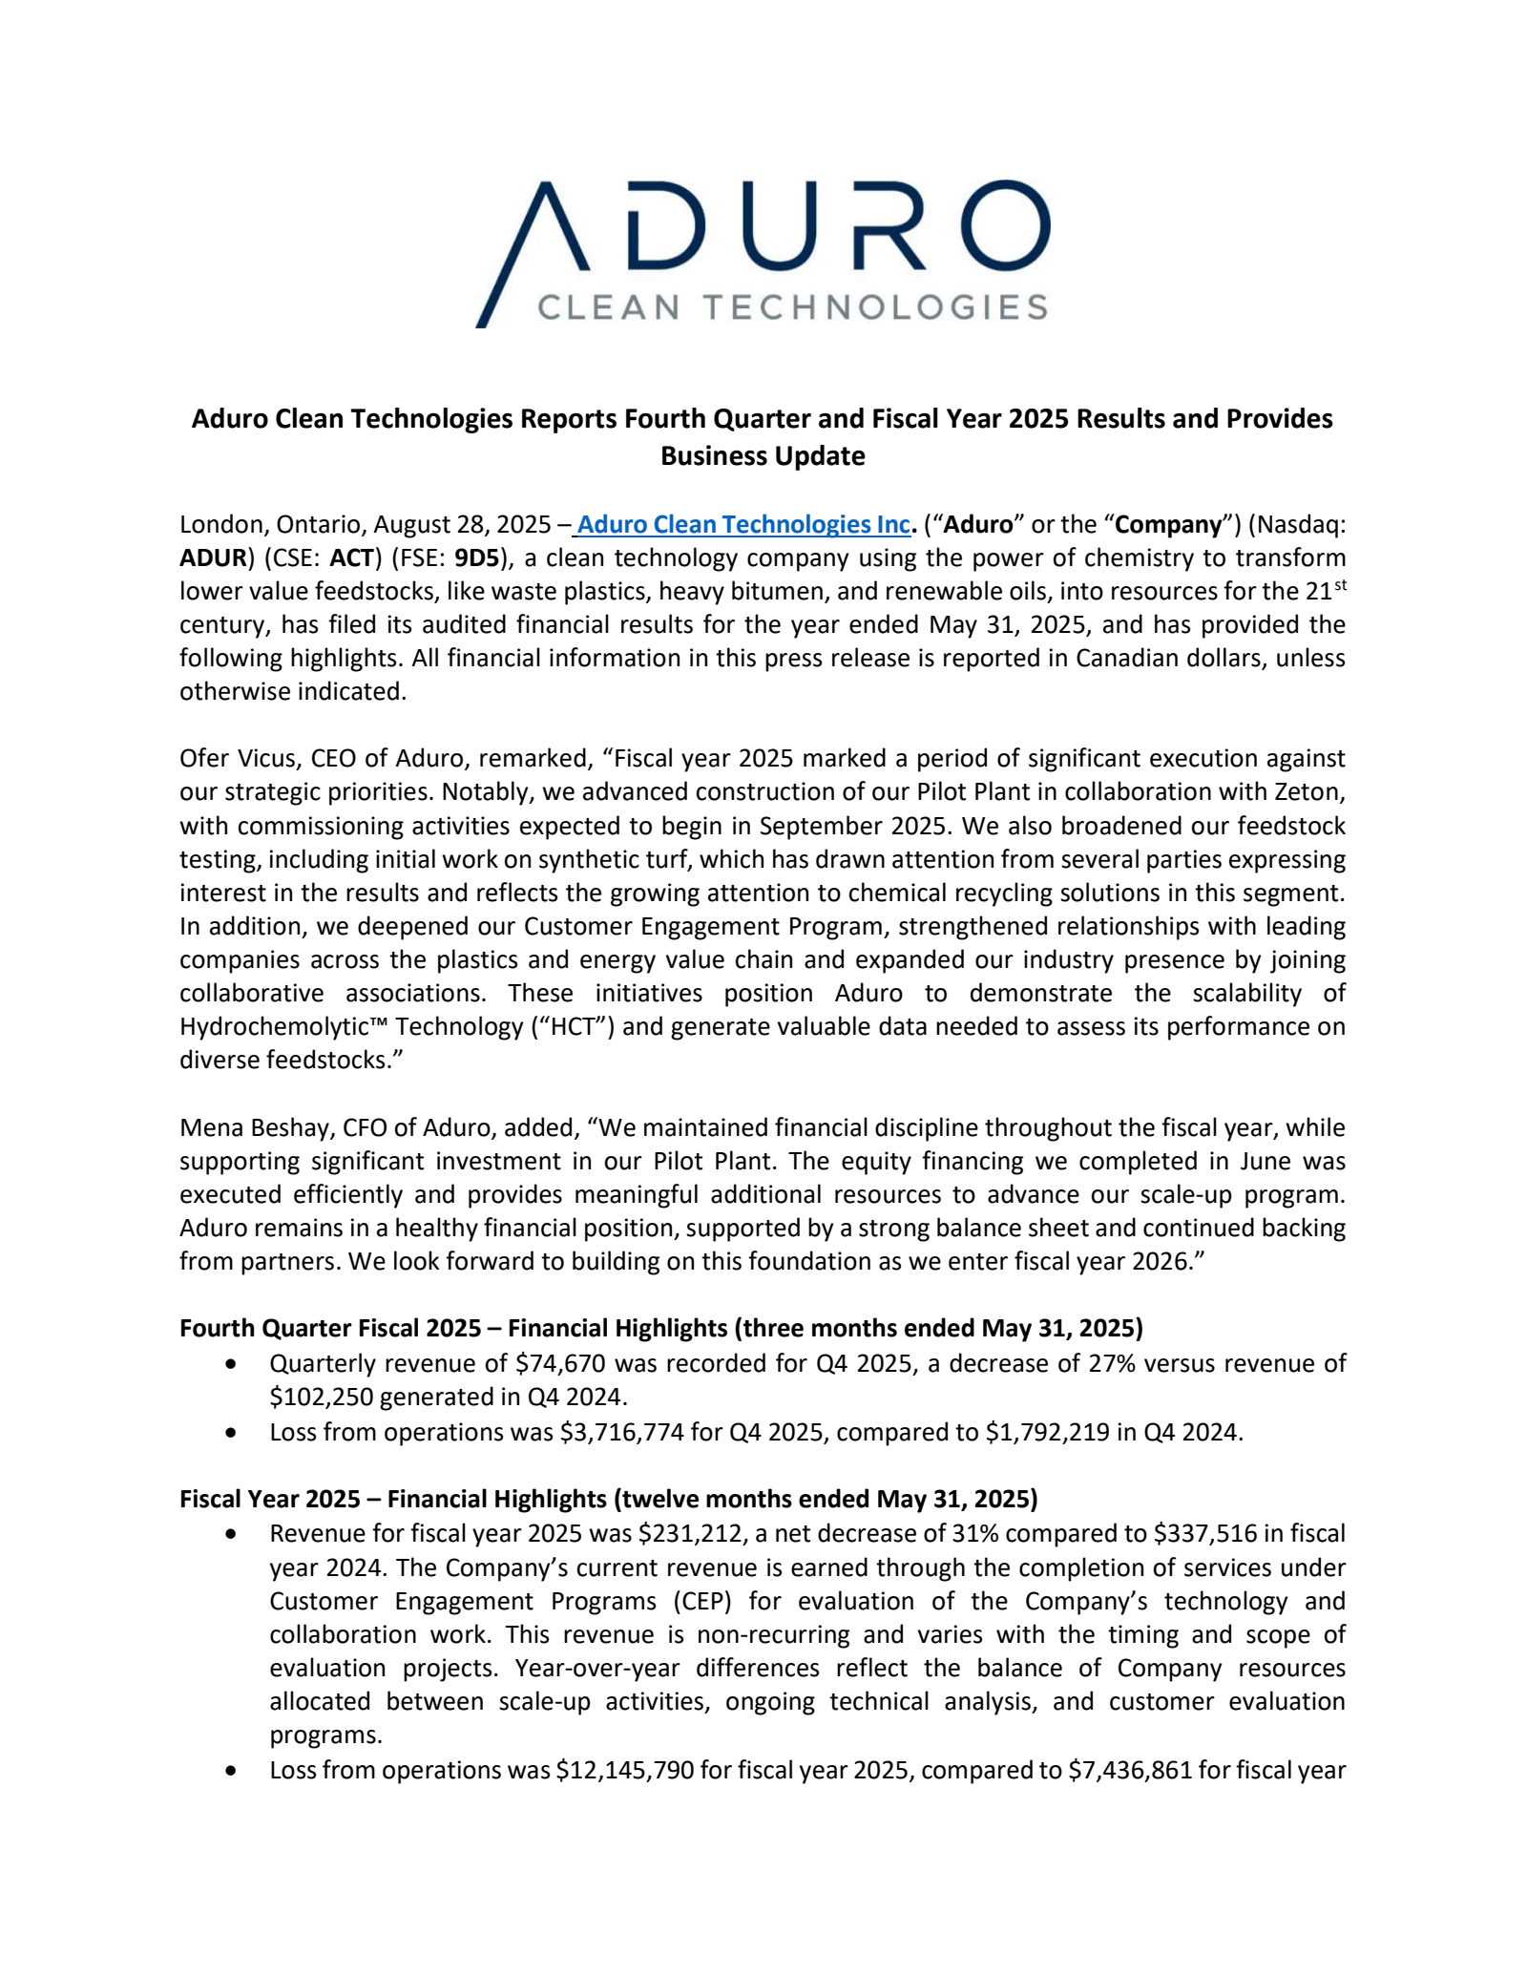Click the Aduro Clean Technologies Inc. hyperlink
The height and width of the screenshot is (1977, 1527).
pos(743,524)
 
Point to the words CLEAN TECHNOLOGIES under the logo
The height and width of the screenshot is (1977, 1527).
pos(792,307)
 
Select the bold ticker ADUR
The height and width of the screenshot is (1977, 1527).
pos(213,557)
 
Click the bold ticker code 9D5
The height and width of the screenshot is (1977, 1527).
pos(477,557)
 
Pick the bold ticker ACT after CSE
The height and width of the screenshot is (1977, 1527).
pos(351,557)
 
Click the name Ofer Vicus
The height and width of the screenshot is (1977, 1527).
pos(237,758)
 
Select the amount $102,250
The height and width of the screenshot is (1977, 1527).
pos(321,1397)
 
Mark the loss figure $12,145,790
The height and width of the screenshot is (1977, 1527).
pos(625,1770)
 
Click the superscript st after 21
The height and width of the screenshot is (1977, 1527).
pos(1340,584)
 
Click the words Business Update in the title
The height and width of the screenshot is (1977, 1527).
pos(763,455)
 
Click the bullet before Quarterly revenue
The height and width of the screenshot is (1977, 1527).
pos(231,1364)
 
